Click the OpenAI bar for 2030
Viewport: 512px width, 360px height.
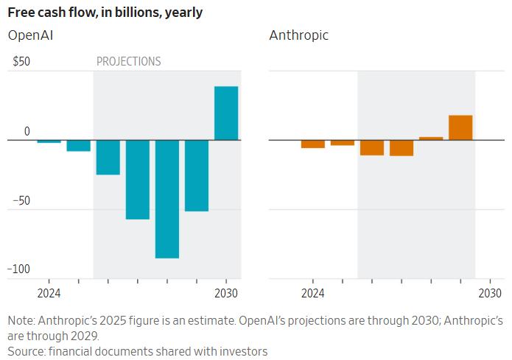click(x=226, y=113)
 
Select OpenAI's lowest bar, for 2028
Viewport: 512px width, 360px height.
click(x=167, y=199)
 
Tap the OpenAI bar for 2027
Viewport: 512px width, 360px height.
click(x=138, y=179)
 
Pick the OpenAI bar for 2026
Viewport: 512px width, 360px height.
click(x=108, y=157)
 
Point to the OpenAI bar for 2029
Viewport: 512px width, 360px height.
click(x=197, y=175)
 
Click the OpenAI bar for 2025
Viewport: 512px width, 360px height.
click(x=79, y=145)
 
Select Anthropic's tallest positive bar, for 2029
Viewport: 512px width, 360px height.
click(x=460, y=127)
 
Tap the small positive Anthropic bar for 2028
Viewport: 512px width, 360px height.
click(x=431, y=138)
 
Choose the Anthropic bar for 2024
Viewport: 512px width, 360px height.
click(x=313, y=144)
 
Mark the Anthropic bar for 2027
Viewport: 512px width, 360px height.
click(x=401, y=147)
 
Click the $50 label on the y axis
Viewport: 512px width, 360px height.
click(x=21, y=62)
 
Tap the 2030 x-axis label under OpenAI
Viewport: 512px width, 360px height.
click(x=226, y=293)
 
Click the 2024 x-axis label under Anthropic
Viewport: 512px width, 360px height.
click(x=312, y=293)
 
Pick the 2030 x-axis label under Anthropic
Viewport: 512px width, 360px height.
click(x=490, y=293)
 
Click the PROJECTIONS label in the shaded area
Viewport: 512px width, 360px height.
click(x=129, y=62)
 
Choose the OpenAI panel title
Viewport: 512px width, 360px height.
click(x=30, y=35)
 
